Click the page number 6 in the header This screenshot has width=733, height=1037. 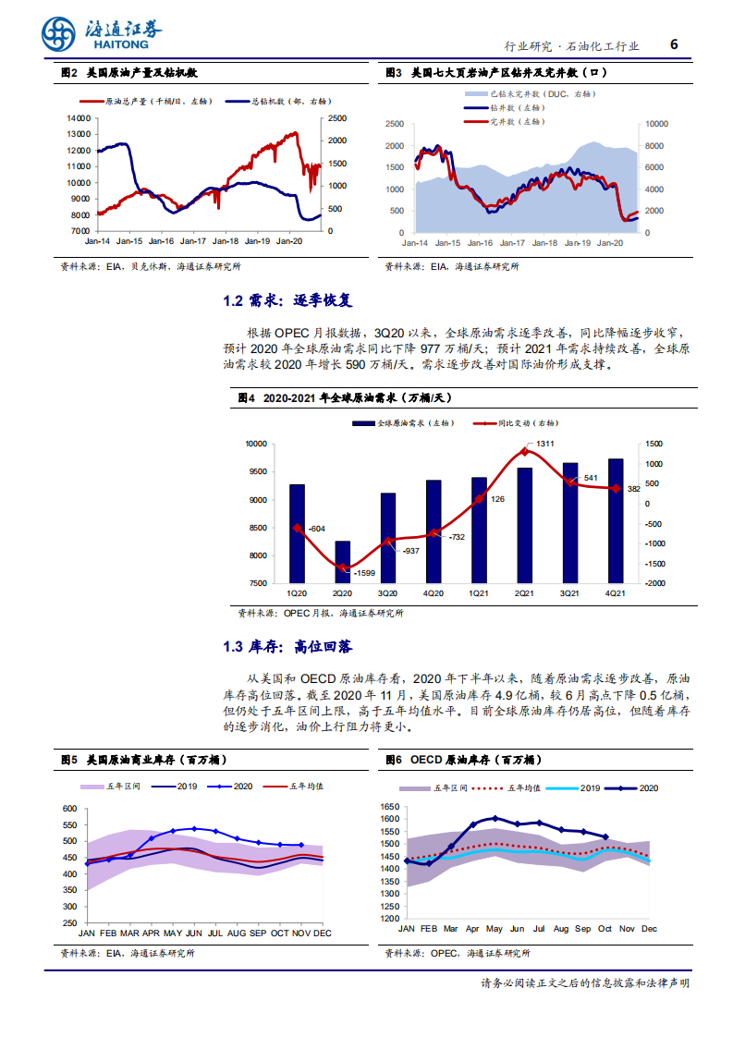coord(674,44)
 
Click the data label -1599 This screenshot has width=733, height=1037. coord(366,574)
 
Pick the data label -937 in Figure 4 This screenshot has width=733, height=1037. coord(411,551)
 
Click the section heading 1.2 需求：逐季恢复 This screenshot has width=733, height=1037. coord(287,301)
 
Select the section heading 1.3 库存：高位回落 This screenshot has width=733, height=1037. coord(287,646)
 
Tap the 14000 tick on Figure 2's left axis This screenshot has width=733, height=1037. coord(78,118)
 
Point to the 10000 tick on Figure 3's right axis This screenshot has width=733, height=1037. coord(655,123)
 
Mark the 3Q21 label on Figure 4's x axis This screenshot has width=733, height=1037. coord(570,593)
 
